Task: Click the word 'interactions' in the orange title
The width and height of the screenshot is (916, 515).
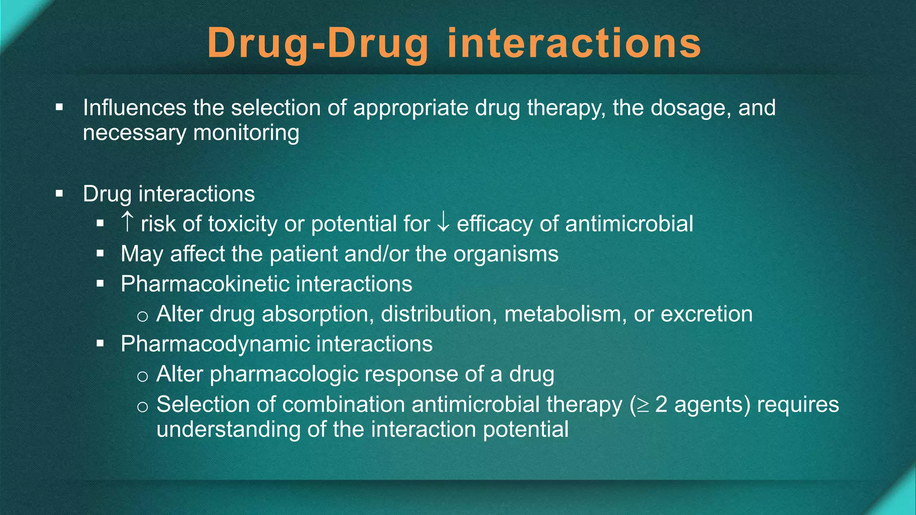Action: pyautogui.click(x=574, y=43)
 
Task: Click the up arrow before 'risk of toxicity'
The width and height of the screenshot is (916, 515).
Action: pyautogui.click(x=127, y=222)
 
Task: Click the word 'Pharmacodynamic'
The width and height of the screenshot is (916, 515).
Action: pyautogui.click(x=215, y=344)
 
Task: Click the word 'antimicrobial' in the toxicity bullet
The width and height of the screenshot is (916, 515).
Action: pyautogui.click(x=629, y=224)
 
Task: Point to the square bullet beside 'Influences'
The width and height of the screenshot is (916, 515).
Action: pyautogui.click(x=59, y=107)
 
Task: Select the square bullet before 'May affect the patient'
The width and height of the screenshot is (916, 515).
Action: pyautogui.click(x=100, y=254)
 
